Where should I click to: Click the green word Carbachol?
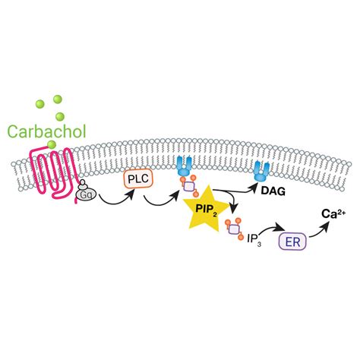[47, 131]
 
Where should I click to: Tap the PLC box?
[138, 179]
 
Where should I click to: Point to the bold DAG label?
[273, 191]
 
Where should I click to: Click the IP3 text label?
[254, 239]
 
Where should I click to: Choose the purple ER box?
[293, 242]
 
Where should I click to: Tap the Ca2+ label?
[333, 214]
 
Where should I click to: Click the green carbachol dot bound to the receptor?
[52, 144]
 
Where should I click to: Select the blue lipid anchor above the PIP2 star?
[185, 166]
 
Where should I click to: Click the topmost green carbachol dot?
[58, 99]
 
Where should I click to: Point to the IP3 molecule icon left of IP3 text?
[234, 229]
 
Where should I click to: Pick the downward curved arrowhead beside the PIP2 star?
[235, 207]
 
